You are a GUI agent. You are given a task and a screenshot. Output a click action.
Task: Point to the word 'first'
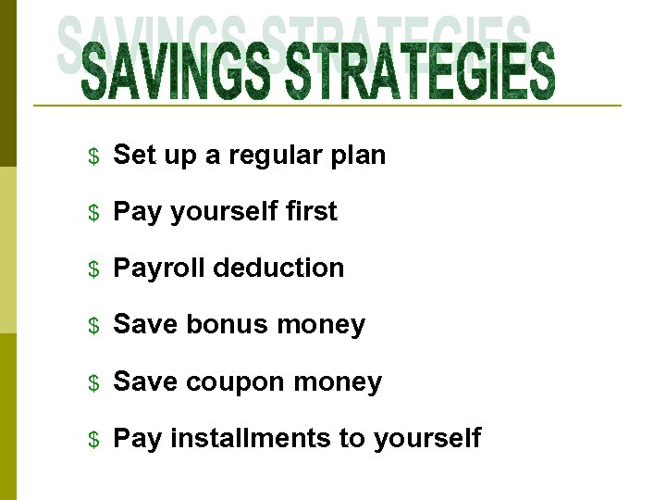[x=312, y=211]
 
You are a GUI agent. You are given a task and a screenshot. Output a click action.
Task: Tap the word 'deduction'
[x=278, y=268]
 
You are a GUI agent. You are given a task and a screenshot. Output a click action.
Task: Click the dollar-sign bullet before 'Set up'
[x=92, y=156]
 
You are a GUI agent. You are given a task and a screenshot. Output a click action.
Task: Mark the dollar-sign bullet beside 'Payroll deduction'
[x=92, y=269]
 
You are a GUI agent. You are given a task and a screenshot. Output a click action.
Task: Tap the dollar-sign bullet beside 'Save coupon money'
[x=92, y=382]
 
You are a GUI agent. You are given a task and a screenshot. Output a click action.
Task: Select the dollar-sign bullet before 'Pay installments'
[x=92, y=439]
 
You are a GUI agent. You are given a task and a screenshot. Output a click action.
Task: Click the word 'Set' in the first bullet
[x=133, y=155]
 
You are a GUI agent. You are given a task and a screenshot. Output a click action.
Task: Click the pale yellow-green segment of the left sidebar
[x=7, y=250]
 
